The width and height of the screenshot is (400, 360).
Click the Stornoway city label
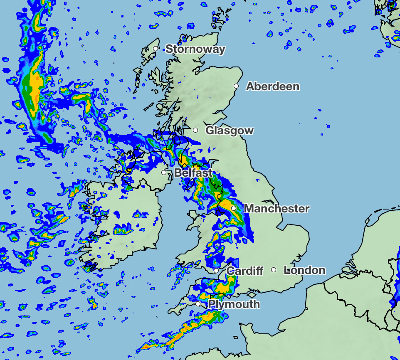195,49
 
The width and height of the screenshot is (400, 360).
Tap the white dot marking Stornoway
156,49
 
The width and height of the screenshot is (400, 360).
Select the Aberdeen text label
273,86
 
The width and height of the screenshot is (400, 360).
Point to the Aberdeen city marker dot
236,86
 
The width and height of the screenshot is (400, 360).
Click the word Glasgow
230,131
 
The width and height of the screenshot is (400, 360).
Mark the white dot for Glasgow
195,130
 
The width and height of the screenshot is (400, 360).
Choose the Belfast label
193,173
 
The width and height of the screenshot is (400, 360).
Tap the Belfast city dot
164,173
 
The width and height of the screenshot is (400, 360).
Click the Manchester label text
277,208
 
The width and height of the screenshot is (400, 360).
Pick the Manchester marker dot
234,208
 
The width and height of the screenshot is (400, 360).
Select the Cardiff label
245,271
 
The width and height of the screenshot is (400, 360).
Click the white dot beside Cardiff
216,271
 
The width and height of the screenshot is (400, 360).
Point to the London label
304,270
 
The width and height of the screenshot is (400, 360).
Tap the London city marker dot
274,270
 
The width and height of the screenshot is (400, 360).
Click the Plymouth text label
234,304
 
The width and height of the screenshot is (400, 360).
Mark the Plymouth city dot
198,304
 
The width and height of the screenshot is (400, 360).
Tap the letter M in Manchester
249,208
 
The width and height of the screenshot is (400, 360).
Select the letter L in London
287,270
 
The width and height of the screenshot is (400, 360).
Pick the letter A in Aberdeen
250,86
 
